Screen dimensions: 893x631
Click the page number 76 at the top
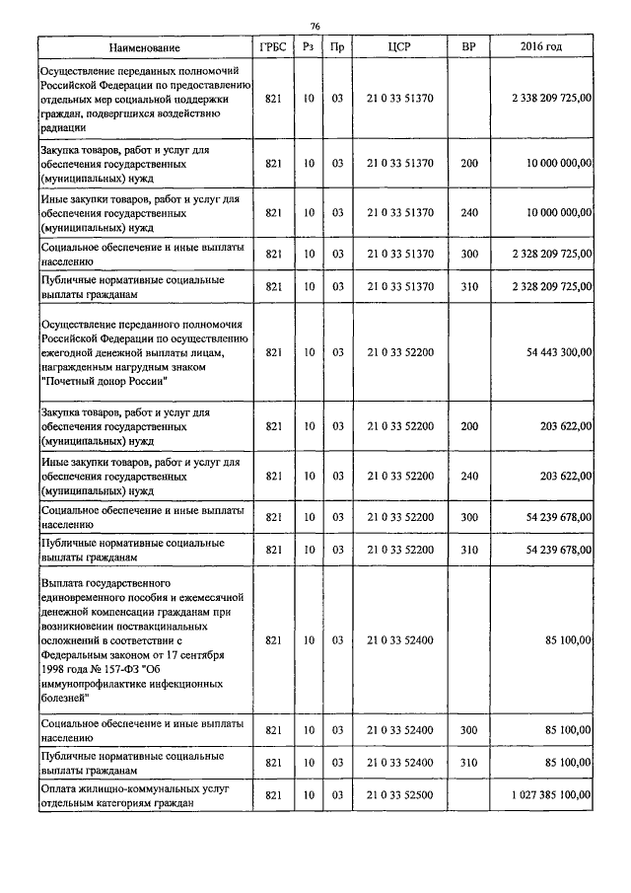point(315,26)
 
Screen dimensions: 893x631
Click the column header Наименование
point(146,47)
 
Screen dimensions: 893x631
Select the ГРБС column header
point(274,47)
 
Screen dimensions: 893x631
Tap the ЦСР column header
point(399,47)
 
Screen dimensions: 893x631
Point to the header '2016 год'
point(540,47)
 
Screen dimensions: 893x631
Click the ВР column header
point(468,47)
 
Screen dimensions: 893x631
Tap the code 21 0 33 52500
point(399,794)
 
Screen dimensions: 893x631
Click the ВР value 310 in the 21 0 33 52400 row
point(468,762)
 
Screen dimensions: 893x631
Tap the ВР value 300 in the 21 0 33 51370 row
point(468,254)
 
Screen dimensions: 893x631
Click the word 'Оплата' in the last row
point(60,787)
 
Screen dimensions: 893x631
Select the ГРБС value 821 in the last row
point(274,794)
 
